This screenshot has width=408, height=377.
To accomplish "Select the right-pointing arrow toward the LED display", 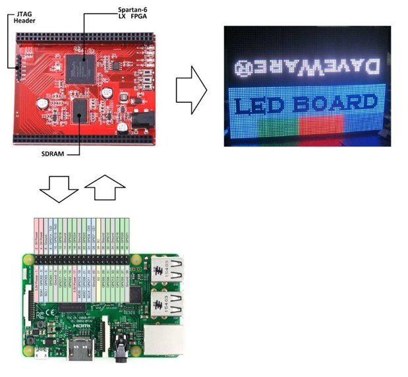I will click(x=191, y=90).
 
